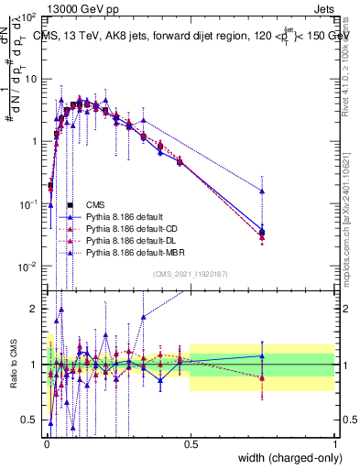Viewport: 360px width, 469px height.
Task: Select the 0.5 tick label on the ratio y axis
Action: (31, 420)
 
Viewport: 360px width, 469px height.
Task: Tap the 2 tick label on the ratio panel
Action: (37, 309)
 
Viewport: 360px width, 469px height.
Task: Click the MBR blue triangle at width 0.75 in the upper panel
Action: (263, 191)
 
